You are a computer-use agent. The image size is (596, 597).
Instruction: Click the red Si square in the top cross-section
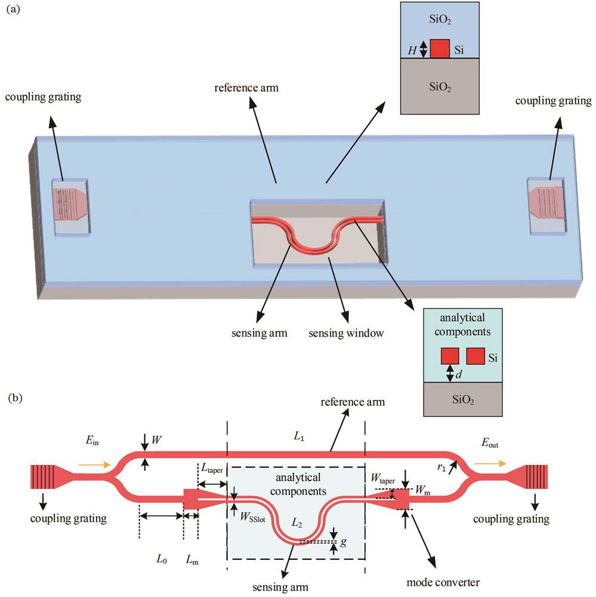[x=440, y=48]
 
